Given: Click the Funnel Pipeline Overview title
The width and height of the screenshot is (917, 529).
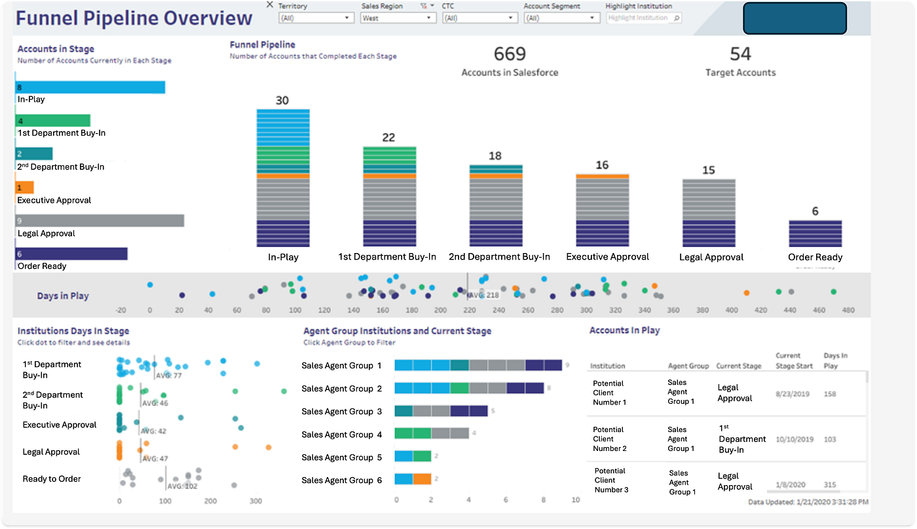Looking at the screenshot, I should (134, 18).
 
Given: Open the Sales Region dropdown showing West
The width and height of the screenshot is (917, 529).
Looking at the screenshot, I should (398, 18).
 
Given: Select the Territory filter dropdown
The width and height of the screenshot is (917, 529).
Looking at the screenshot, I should (316, 18).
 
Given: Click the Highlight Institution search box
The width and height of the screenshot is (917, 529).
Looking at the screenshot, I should (643, 18).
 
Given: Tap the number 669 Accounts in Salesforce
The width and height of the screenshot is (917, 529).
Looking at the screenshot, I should (510, 54).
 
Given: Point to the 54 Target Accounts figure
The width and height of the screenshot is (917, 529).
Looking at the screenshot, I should (740, 54).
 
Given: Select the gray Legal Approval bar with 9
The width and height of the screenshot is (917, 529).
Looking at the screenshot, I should (100, 221).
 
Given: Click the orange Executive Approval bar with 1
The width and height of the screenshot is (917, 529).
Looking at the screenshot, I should (25, 187).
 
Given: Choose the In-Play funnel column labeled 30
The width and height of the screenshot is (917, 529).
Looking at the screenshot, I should (283, 177).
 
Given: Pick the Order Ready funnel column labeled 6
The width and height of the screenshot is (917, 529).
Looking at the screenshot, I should (815, 233).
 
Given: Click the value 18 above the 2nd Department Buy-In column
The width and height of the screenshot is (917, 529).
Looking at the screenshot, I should (495, 156).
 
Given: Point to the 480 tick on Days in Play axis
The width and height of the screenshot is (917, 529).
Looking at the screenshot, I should (848, 310).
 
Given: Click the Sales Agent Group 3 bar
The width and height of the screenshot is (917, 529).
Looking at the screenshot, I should (441, 411).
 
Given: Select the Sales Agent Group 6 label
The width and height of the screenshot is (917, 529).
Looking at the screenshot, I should (341, 480).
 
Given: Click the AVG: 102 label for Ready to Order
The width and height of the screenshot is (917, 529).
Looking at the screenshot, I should (182, 486).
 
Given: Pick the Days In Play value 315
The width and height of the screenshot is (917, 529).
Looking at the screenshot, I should (831, 485).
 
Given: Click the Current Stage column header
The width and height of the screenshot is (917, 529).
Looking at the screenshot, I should (738, 366).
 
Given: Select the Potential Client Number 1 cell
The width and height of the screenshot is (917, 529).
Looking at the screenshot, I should (608, 393).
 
